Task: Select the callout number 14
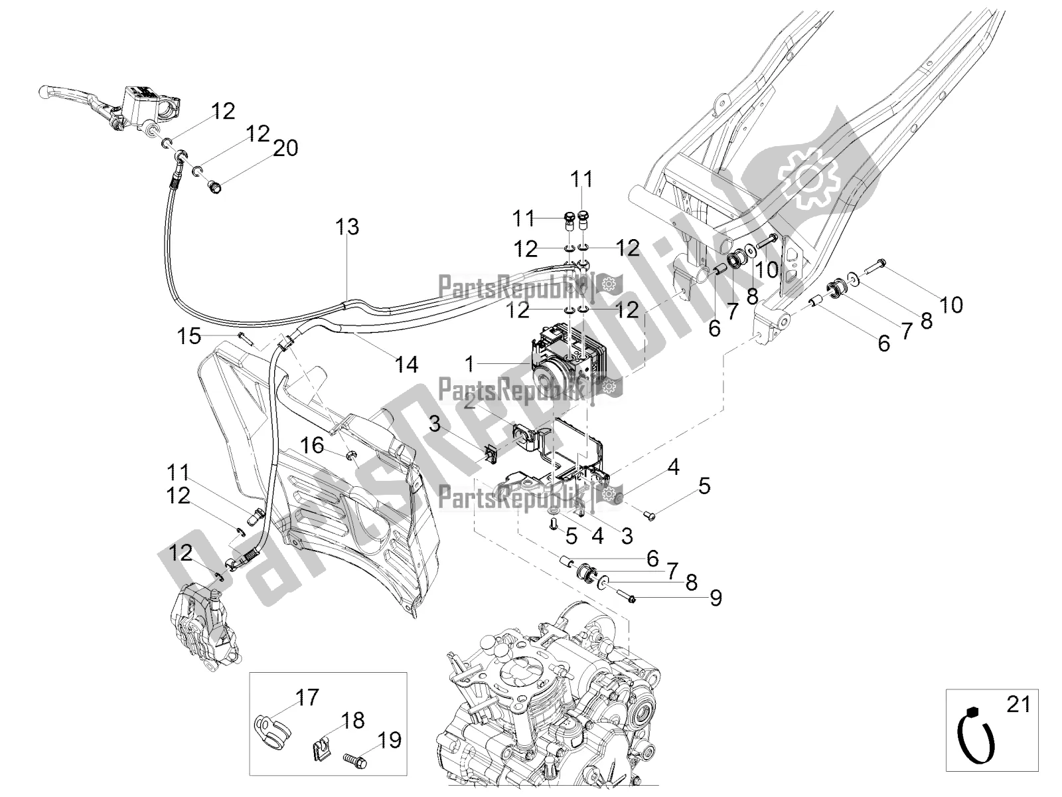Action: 407,364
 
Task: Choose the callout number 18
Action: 353,720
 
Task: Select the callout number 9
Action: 715,598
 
